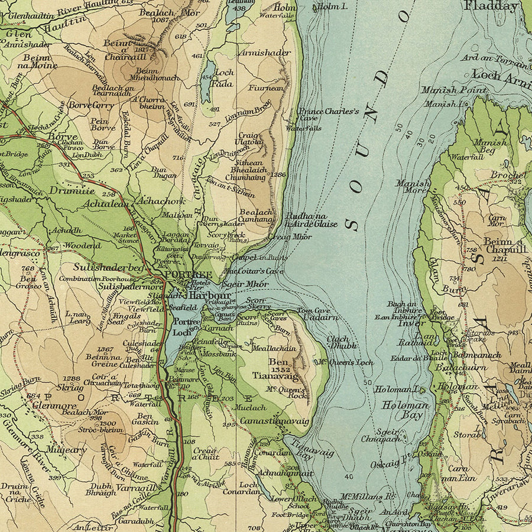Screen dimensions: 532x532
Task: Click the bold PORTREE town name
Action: (x=188, y=275)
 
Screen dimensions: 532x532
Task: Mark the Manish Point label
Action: (x=454, y=90)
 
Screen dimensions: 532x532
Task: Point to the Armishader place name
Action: (x=265, y=53)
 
